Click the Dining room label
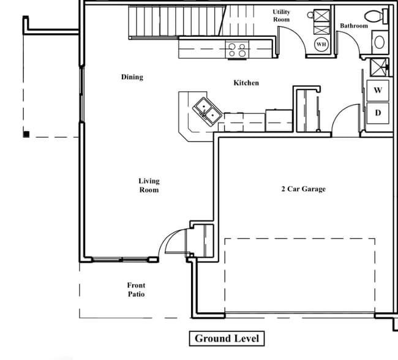[x=132, y=77]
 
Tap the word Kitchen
[x=246, y=83]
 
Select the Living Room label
[x=148, y=186]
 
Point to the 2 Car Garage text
[x=303, y=189]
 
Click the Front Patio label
[x=136, y=290]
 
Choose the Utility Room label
[x=282, y=16]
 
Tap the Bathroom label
[x=354, y=26]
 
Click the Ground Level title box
[x=227, y=339]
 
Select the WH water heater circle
[x=321, y=43]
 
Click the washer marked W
[x=378, y=90]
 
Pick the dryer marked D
[x=378, y=112]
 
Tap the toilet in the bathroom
[x=374, y=16]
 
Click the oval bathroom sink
[x=380, y=42]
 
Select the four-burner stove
[x=236, y=49]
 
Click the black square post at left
[x=26, y=133]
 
